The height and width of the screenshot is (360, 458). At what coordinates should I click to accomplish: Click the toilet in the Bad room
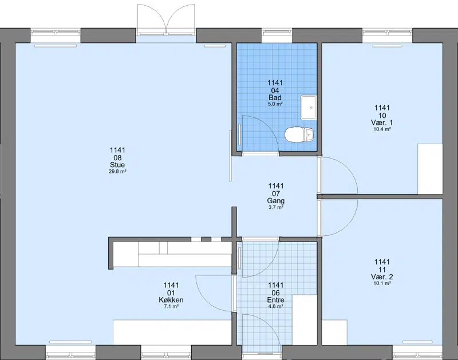(299, 134)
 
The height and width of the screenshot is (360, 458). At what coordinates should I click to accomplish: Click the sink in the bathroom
(308, 107)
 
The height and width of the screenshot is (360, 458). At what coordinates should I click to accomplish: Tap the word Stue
(117, 165)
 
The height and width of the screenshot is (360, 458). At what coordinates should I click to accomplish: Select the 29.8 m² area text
(117, 171)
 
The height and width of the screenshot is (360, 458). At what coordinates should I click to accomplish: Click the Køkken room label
(171, 300)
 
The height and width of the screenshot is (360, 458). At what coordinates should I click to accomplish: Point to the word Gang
(276, 201)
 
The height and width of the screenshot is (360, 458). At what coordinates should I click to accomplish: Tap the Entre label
(276, 300)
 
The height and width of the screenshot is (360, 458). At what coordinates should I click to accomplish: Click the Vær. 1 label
(382, 122)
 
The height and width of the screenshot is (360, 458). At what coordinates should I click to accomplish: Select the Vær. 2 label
(382, 277)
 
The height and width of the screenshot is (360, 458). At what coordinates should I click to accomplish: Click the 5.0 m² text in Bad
(275, 104)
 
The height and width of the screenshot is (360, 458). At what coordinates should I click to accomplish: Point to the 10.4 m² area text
(382, 129)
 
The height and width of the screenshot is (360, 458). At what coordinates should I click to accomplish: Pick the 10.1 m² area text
(382, 283)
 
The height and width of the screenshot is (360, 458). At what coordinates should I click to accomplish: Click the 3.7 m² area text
(276, 207)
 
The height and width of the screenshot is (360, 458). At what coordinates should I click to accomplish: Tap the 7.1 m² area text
(171, 306)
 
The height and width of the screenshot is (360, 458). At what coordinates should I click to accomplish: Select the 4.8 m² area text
(276, 306)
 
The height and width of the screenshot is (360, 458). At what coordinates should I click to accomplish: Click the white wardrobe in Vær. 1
(430, 169)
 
